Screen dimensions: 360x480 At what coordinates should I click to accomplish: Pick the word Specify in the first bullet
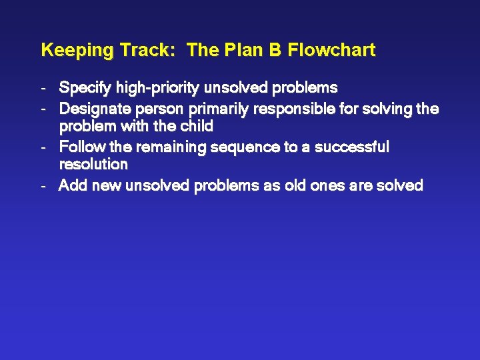85,87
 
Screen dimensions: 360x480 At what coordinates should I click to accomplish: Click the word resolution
93,164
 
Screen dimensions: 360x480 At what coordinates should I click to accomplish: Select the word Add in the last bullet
73,185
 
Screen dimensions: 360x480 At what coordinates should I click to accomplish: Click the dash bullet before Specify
43,88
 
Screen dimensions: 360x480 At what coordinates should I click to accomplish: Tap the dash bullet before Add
43,186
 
